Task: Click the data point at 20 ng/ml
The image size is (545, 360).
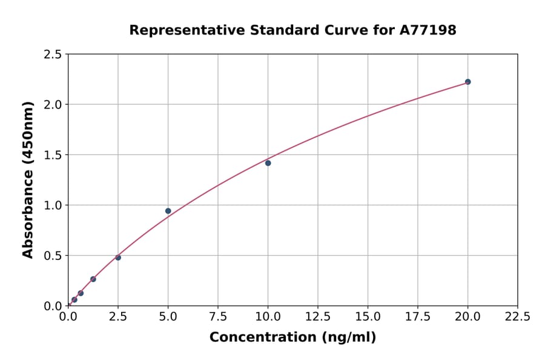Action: [x=467, y=82]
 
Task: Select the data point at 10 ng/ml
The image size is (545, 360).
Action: [x=268, y=163]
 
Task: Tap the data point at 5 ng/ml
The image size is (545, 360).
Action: [x=168, y=211]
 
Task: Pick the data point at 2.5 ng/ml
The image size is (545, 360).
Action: [x=118, y=258]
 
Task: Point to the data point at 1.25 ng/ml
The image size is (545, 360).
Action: [x=93, y=279]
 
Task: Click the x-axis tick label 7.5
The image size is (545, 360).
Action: [x=218, y=316]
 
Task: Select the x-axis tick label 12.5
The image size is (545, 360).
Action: [x=318, y=316]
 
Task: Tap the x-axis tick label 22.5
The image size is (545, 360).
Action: [x=517, y=316]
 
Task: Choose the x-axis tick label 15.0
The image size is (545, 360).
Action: [x=368, y=316]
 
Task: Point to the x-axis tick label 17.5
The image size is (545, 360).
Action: [x=417, y=316]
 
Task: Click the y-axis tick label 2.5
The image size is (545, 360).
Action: [x=53, y=55]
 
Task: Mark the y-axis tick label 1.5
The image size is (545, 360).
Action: [x=53, y=155]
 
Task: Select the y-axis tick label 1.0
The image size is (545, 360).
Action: [x=53, y=205]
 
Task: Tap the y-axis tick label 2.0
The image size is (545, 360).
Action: [x=53, y=105]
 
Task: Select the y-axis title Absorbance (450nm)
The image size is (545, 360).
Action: [x=28, y=179]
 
